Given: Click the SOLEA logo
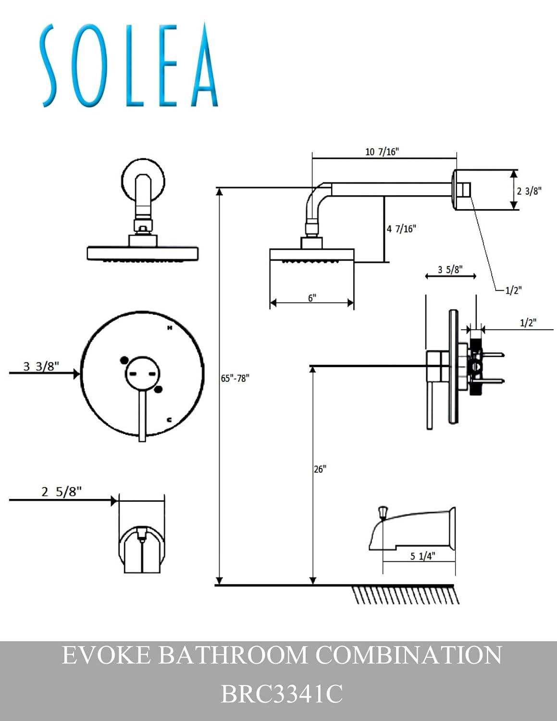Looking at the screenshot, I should click(x=128, y=65).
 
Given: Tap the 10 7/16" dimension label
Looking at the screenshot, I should click(x=382, y=152).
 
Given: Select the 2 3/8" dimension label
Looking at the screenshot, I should click(x=529, y=191).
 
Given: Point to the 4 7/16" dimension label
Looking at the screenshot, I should click(x=401, y=229).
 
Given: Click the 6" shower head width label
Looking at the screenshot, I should click(x=312, y=298).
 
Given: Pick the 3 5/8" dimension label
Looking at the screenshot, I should click(x=450, y=270).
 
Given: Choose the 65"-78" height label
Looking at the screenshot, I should click(x=235, y=378).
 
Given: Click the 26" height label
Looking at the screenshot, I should click(x=320, y=469).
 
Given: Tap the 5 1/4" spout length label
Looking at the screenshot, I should click(x=422, y=556).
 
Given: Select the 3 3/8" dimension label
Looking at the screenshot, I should click(x=41, y=366).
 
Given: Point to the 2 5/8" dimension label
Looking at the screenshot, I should click(x=62, y=492).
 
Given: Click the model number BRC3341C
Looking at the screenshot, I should click(x=282, y=694).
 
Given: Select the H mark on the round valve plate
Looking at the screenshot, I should click(x=170, y=328).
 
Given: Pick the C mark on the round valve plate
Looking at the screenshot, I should click(x=169, y=420).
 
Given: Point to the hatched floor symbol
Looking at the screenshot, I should click(x=407, y=595).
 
